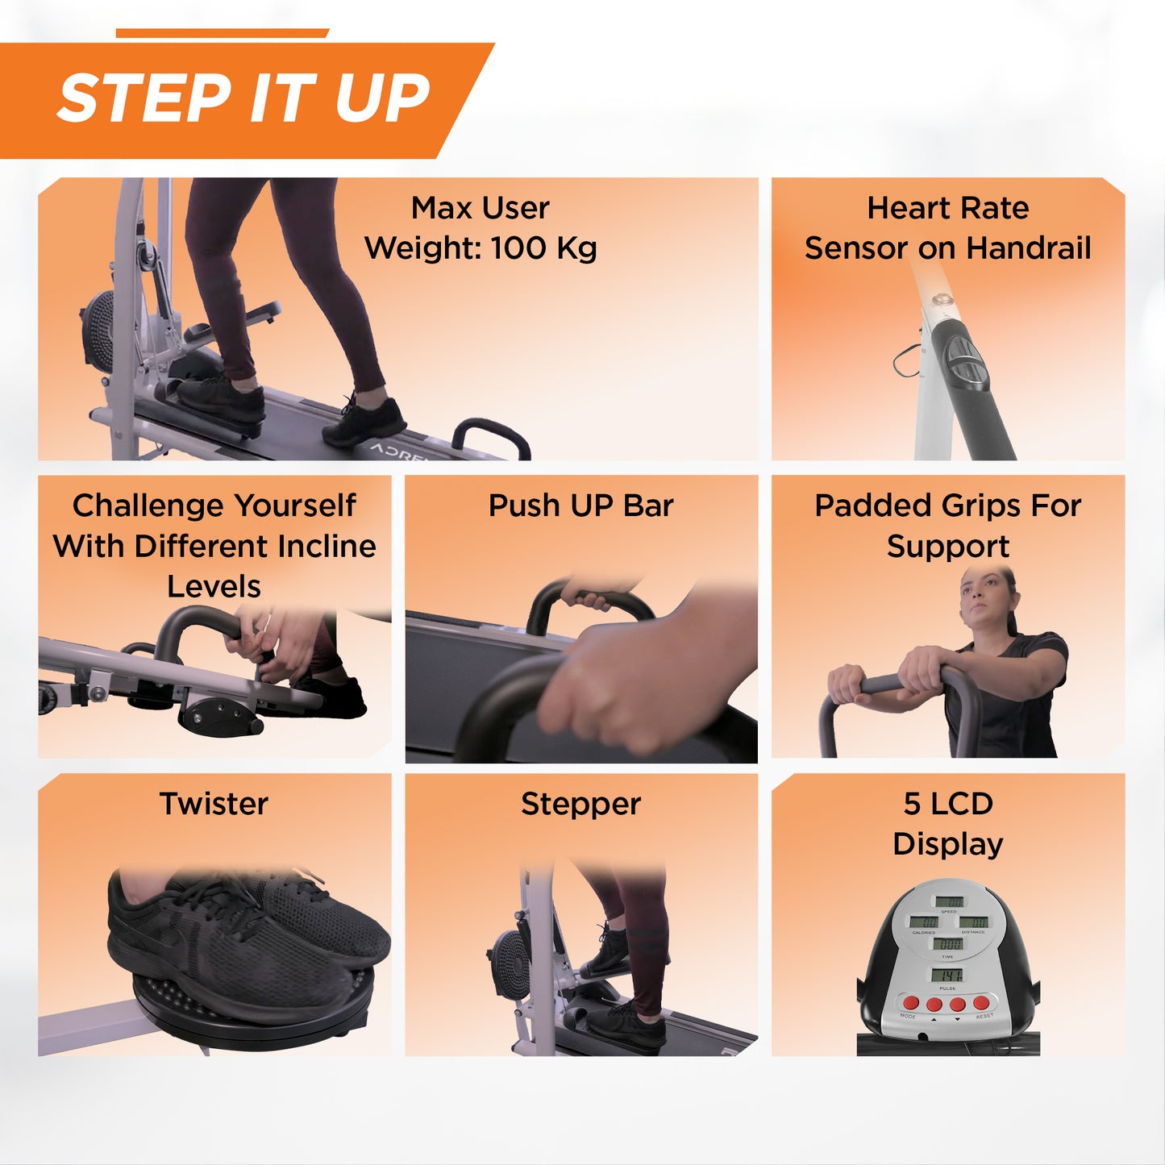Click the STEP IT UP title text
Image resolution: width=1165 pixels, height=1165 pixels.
pyautogui.click(x=243, y=98)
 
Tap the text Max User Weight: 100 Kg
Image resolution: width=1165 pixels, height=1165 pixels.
pyautogui.click(x=481, y=228)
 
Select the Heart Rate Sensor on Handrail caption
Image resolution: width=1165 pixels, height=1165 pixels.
pyautogui.click(x=947, y=228)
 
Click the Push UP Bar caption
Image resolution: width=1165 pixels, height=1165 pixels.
pyautogui.click(x=580, y=506)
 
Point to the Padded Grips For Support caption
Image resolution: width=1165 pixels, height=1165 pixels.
pyautogui.click(x=947, y=526)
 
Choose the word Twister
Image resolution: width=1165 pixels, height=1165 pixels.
pyautogui.click(x=214, y=804)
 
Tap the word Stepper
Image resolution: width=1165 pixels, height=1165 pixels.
pyautogui.click(x=580, y=804)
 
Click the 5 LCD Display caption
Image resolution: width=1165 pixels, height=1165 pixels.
pyautogui.click(x=947, y=823)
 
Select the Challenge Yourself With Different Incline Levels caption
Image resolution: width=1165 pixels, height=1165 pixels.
pyautogui.click(x=214, y=546)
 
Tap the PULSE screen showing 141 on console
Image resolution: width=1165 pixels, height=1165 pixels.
pyautogui.click(x=947, y=976)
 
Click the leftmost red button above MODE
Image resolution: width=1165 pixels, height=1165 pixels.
pyautogui.click(x=911, y=1003)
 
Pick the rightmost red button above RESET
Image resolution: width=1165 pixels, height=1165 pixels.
pyautogui.click(x=981, y=1003)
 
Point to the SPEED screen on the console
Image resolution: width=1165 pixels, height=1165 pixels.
pyautogui.click(x=948, y=901)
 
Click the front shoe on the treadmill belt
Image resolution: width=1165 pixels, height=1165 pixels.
pyautogui.click(x=364, y=420)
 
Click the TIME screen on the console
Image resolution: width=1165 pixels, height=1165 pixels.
pyautogui.click(x=948, y=944)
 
